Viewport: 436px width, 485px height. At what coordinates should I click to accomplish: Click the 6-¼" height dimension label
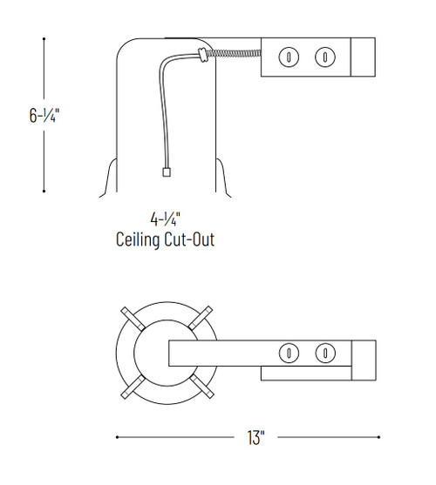(43, 113)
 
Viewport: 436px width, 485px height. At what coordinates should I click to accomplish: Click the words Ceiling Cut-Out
(165, 239)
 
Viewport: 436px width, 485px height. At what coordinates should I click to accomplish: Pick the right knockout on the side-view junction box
(324, 57)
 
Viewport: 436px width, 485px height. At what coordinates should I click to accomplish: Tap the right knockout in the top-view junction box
(324, 353)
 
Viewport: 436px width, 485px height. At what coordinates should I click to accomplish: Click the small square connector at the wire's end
(165, 172)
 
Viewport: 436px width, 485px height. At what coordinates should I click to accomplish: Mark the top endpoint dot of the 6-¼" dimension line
(44, 37)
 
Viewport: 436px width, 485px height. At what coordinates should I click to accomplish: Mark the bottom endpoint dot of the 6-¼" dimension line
(44, 191)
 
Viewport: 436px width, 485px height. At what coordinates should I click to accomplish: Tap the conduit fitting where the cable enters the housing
(202, 57)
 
